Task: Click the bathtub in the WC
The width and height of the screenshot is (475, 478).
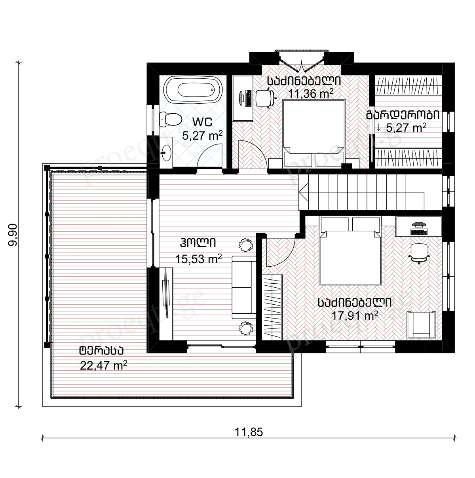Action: (193, 89)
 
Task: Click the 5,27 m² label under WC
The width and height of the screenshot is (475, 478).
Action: (202, 135)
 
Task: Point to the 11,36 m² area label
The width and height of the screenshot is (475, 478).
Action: (310, 93)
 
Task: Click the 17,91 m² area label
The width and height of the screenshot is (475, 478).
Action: (355, 316)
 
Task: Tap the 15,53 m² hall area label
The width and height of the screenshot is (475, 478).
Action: (198, 259)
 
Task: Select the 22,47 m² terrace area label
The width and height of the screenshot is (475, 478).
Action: (103, 365)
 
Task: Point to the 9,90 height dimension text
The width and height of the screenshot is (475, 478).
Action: (13, 235)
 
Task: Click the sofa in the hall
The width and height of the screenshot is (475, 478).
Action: (244, 287)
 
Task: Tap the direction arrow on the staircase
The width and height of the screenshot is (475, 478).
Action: (303, 192)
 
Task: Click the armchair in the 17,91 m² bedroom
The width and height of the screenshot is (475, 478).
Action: (422, 324)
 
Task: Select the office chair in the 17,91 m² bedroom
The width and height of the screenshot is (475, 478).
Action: (419, 253)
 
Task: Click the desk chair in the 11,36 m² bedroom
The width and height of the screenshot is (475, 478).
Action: (266, 98)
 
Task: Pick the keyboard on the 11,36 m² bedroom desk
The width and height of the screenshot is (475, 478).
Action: (248, 98)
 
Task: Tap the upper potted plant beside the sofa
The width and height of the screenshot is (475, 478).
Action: (246, 245)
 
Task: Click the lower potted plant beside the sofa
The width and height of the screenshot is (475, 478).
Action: (246, 328)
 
